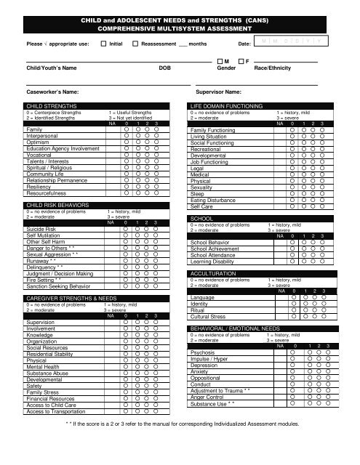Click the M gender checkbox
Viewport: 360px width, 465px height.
(220, 62)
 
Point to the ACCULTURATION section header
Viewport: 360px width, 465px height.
(213, 273)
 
